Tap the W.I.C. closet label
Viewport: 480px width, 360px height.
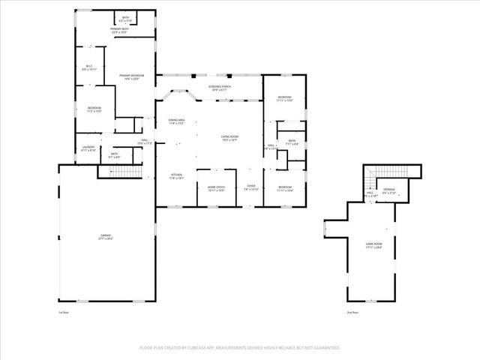(x=88, y=68)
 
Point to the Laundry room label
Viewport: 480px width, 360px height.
(x=88, y=149)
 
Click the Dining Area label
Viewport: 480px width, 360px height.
(x=176, y=121)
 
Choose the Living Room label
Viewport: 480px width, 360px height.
(x=229, y=138)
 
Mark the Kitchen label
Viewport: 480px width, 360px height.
(x=176, y=177)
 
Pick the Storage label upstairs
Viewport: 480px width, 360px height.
(x=389, y=190)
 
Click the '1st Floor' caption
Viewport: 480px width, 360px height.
(x=64, y=312)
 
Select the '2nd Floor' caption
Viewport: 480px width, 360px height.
(x=353, y=312)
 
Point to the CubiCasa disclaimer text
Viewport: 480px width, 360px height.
(x=239, y=348)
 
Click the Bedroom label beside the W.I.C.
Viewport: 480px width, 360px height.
(x=94, y=109)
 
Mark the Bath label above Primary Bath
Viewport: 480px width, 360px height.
(x=124, y=20)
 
